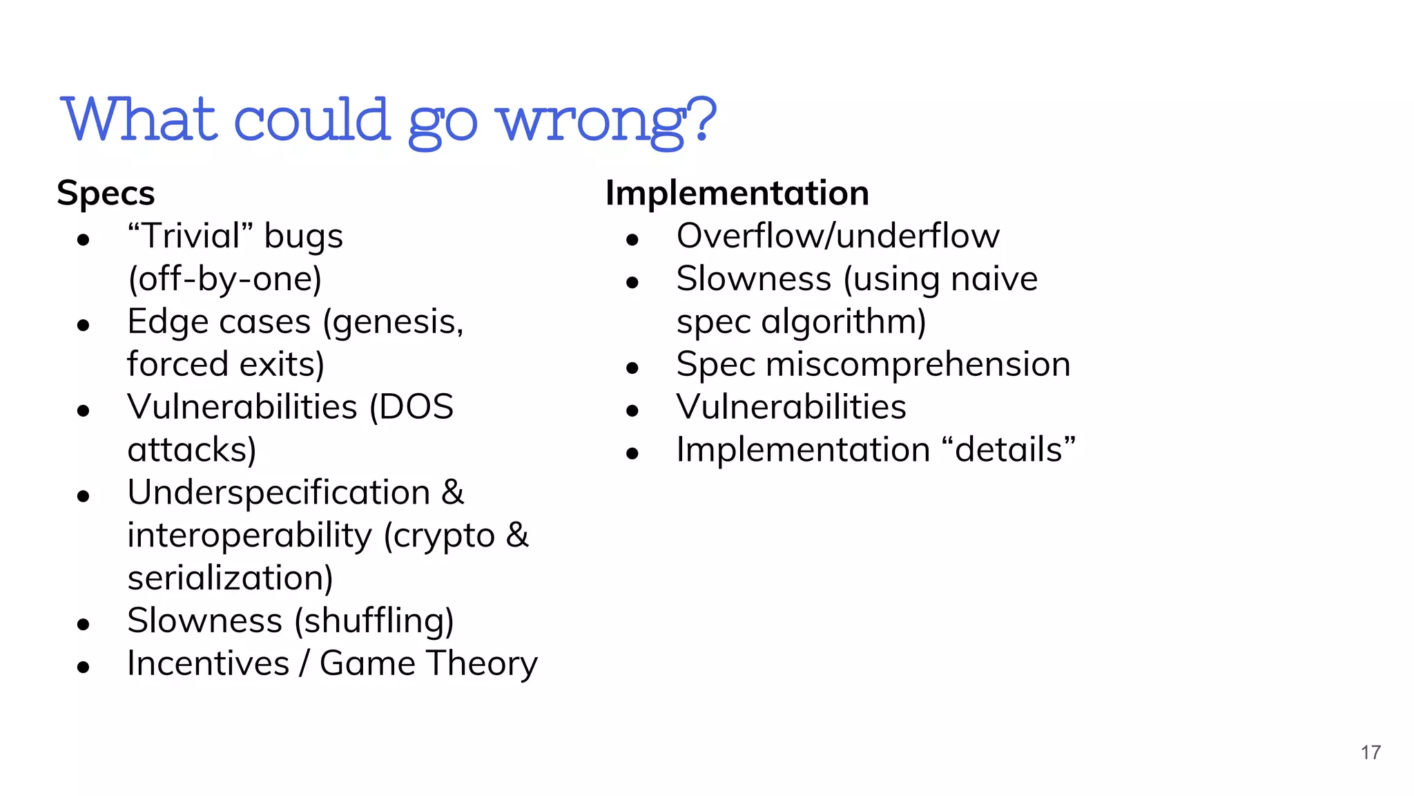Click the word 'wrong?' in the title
click(608, 120)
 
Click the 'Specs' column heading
click(106, 193)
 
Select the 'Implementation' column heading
click(737, 193)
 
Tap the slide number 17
click(1371, 752)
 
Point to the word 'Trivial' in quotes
click(191, 236)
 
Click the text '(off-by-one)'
click(225, 279)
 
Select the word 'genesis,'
click(394, 322)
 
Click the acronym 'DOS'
click(411, 407)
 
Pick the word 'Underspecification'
click(279, 493)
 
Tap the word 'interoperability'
click(250, 536)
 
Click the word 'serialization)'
click(230, 578)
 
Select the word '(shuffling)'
click(374, 621)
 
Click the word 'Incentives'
click(208, 663)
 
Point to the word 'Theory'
click(481, 663)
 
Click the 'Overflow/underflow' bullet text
click(837, 236)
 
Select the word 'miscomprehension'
click(918, 364)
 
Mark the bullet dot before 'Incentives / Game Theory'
click(84, 667)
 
